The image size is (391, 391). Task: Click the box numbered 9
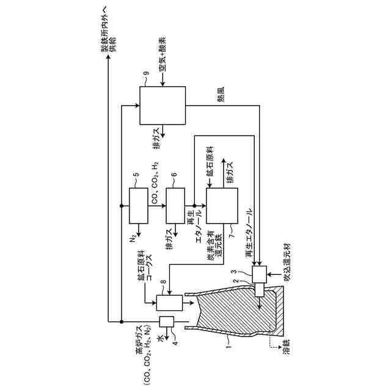click(163, 104)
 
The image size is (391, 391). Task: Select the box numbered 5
click(139, 206)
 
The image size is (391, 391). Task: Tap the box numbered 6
click(175, 206)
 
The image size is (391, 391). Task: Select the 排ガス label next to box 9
click(157, 139)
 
